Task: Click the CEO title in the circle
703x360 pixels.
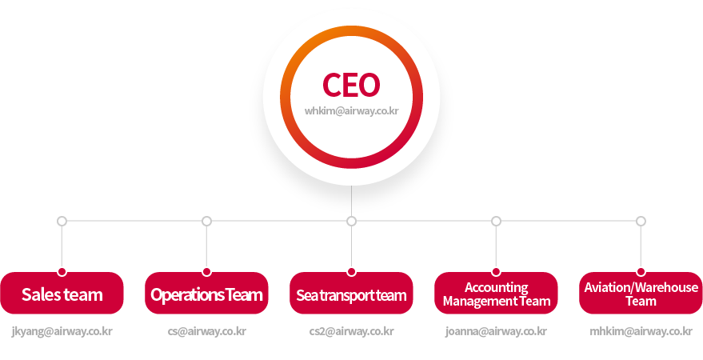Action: [351, 85]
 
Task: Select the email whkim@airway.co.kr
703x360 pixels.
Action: [351, 111]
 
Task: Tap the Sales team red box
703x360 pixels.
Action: [62, 294]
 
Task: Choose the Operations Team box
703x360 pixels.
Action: [206, 294]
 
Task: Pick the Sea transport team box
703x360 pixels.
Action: [351, 294]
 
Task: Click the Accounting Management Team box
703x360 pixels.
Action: [496, 294]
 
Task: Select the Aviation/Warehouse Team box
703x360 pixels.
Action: [641, 294]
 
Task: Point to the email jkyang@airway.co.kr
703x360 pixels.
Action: [62, 330]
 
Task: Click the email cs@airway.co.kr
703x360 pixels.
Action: [206, 330]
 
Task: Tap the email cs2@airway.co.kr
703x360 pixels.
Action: [351, 330]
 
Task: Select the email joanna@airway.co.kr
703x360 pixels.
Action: [496, 330]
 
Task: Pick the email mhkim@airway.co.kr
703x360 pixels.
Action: [641, 330]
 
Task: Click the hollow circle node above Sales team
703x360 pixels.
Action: [62, 221]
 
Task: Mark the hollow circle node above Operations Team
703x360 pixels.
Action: [206, 221]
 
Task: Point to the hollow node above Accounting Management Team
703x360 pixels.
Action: [496, 221]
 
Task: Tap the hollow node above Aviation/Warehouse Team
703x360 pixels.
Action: [641, 221]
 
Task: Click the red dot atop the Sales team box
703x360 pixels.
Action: [62, 272]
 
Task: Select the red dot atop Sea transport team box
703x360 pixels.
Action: [351, 272]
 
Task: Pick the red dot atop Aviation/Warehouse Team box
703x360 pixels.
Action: [641, 272]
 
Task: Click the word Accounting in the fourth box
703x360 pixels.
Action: [496, 287]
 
